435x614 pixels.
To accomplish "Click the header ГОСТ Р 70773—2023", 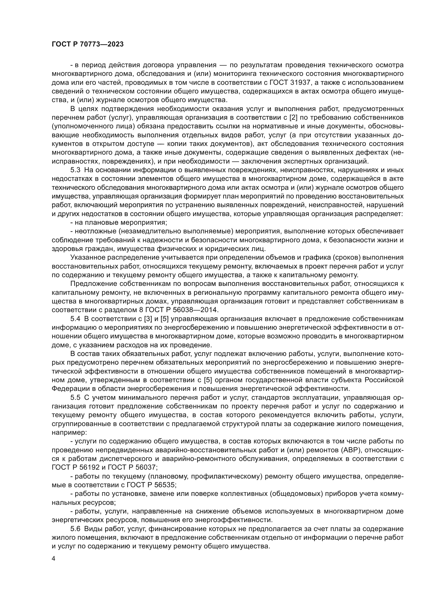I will coord(88,44).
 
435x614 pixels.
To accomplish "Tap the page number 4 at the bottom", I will coord(54,559).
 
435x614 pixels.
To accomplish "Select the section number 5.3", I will coord(75,170).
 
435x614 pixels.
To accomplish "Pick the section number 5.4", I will coord(75,319).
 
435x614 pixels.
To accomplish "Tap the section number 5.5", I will coord(75,398).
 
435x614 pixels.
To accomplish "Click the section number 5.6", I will coord(75,529).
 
